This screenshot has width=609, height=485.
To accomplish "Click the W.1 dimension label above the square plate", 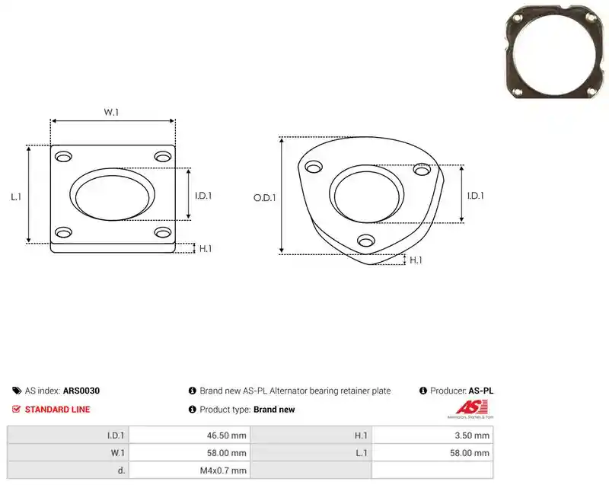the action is (x=111, y=112).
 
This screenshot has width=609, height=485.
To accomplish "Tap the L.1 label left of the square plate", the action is (x=16, y=197).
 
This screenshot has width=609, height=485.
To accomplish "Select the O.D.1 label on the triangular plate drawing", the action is (x=264, y=198).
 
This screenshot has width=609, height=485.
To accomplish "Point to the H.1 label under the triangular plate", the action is (x=416, y=260).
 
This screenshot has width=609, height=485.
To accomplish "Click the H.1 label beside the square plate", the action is (x=206, y=248).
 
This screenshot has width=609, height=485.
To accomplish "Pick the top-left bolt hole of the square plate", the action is (x=63, y=157).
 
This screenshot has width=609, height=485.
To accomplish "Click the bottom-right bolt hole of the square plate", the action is (x=163, y=232).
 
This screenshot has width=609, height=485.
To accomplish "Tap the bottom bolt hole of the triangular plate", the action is (x=366, y=241).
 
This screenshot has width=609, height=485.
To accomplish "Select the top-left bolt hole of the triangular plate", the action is (x=314, y=167).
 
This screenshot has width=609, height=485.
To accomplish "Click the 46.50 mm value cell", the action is (x=226, y=436).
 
